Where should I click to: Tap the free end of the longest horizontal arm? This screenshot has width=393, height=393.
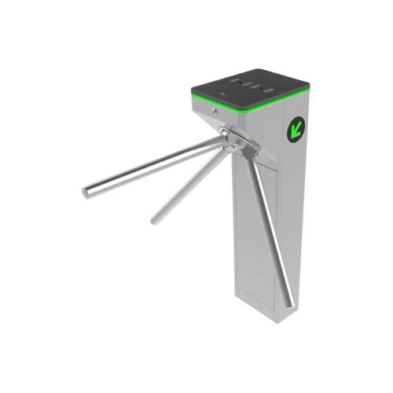pyautogui.click(x=86, y=191)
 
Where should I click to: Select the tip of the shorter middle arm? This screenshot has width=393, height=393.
pyautogui.click(x=155, y=219)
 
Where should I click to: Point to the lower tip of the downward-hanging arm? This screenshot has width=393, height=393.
pyautogui.click(x=290, y=303)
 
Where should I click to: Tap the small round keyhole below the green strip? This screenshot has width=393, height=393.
pyautogui.click(x=214, y=112)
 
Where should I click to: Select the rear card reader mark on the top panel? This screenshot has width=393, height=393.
pyautogui.click(x=240, y=80)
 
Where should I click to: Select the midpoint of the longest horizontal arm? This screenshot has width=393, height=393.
pyautogui.click(x=153, y=167)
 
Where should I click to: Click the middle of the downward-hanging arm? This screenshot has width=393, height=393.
pyautogui.click(x=269, y=228)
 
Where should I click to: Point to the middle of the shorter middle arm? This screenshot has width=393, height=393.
pyautogui.click(x=193, y=182)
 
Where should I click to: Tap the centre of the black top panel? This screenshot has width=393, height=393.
pyautogui.click(x=252, y=86)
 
